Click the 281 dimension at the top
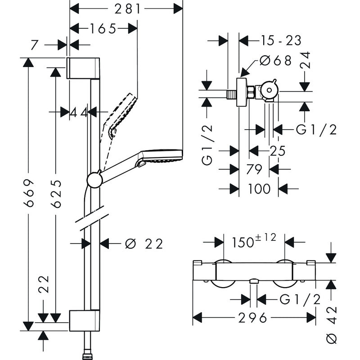127,9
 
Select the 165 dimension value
103,29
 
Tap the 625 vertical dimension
55,193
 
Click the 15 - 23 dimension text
281,40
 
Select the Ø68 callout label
276,60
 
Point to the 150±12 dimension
254,242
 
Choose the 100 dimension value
259,189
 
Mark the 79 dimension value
255,170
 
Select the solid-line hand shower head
162,156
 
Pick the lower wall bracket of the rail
85,320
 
